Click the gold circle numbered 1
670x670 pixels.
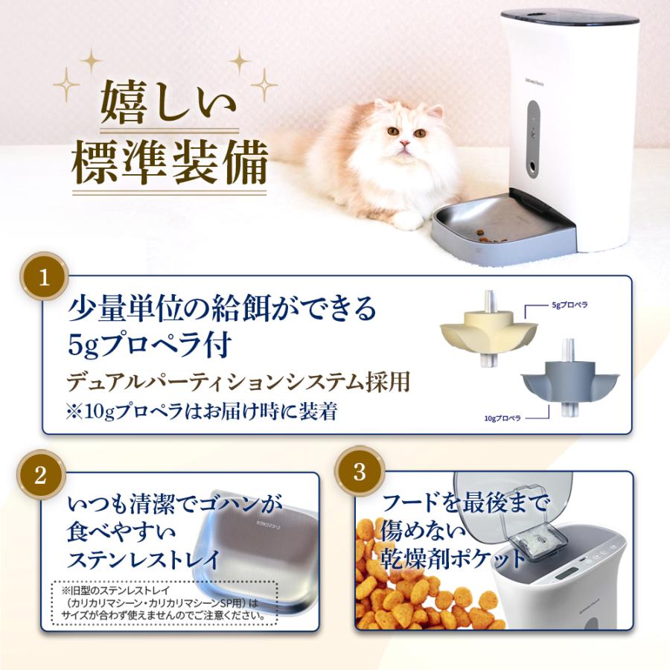point(43,278)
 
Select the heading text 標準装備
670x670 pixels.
point(169,165)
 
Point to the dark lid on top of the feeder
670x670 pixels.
point(570,16)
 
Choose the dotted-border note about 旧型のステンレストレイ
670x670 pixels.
point(165,602)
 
